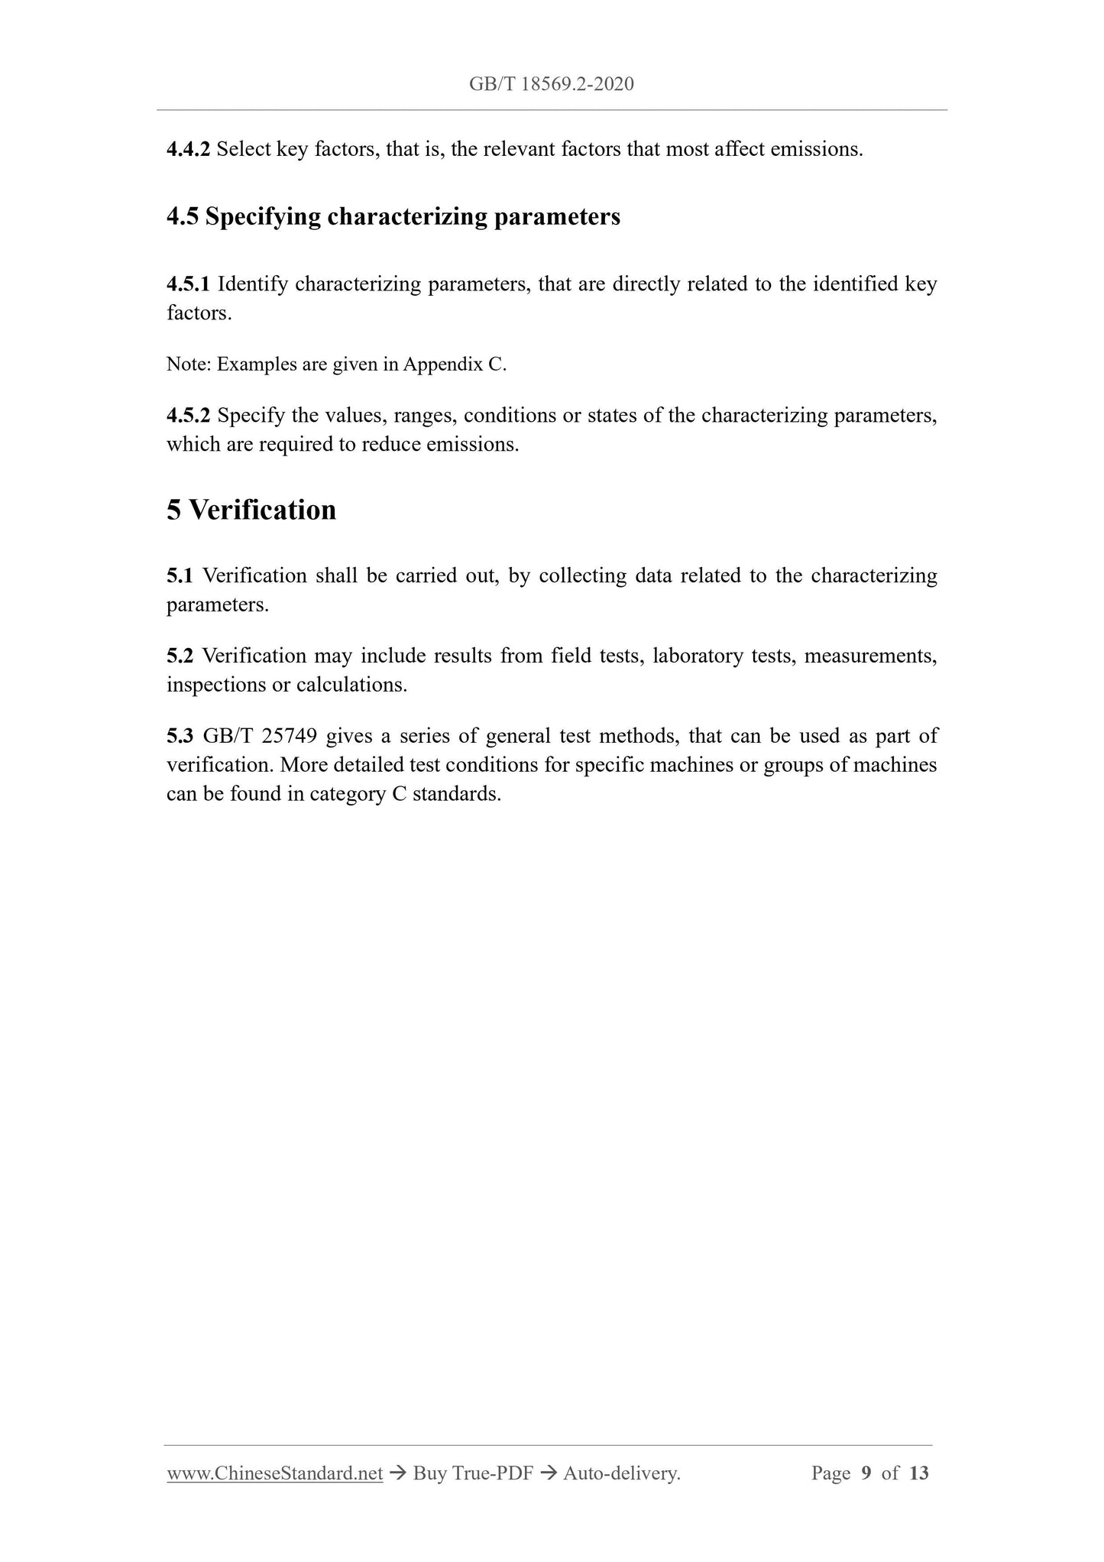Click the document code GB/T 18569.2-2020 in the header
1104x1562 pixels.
click(551, 84)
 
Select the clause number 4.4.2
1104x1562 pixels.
click(188, 149)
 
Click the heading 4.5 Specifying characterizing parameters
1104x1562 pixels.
click(393, 217)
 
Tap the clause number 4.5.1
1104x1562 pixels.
click(188, 284)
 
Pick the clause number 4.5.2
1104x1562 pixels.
click(188, 416)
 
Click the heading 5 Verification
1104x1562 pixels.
click(251, 510)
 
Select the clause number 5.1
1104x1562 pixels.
click(180, 575)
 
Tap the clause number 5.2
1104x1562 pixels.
click(180, 656)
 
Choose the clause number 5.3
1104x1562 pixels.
click(180, 736)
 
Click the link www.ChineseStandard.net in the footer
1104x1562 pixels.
click(274, 1473)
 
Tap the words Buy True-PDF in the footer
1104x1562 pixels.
click(472, 1473)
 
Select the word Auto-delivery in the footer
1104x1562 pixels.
click(620, 1473)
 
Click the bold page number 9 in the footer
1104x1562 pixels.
click(866, 1473)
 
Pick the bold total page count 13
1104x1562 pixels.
click(919, 1473)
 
